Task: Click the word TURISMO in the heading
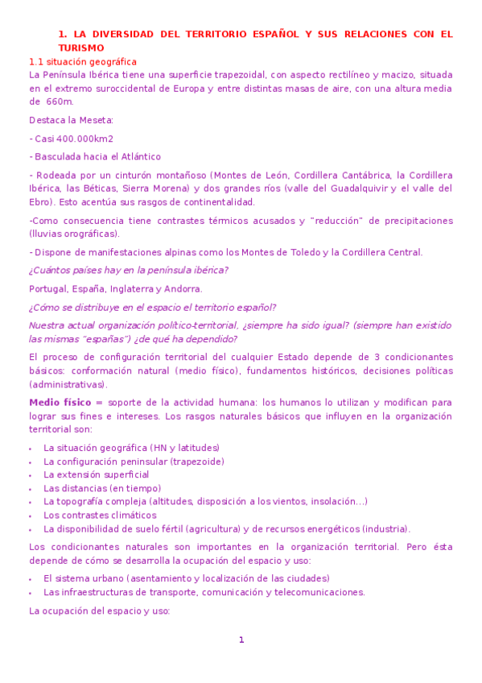click(x=80, y=48)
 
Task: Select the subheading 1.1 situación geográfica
click(x=83, y=62)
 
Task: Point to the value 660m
click(x=60, y=101)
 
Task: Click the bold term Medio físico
click(x=60, y=403)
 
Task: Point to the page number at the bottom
click(x=241, y=640)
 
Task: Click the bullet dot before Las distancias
click(x=30, y=489)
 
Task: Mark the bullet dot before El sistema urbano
click(x=30, y=579)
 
